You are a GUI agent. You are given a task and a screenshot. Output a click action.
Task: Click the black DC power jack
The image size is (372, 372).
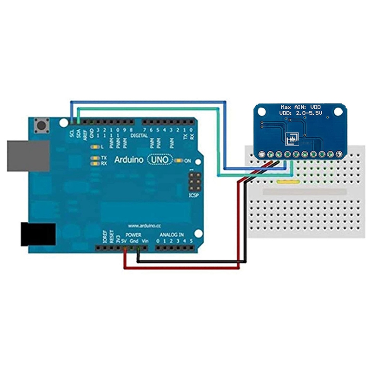coord(38,234)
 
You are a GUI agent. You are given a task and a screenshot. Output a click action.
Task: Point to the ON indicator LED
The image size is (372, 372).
coord(178,160)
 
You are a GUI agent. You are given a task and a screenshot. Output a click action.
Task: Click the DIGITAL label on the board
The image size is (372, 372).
coord(139,136)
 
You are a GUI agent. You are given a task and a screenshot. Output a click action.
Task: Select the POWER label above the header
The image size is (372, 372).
coord(133,236)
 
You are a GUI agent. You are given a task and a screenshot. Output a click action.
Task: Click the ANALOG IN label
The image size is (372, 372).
coord(172,236)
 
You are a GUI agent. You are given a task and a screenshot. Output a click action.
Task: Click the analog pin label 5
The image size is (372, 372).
coord(191,241)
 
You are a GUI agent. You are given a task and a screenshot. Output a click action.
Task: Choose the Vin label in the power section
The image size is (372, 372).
coord(145,241)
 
